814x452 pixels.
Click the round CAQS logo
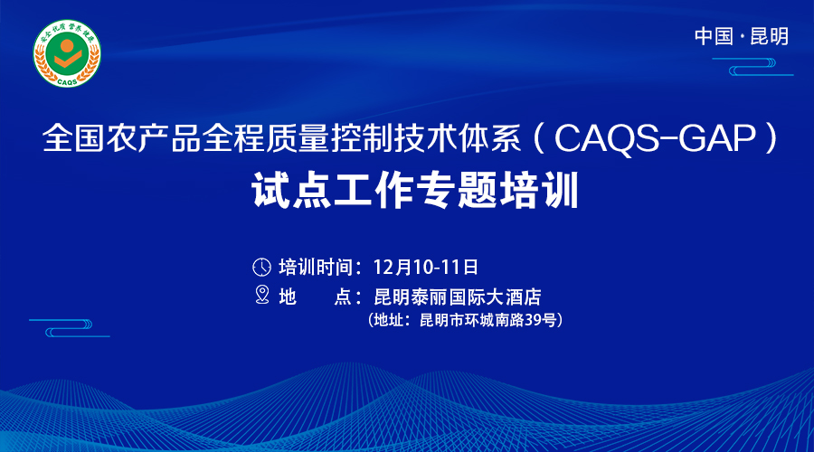tap(67, 53)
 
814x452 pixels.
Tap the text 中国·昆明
tap(742, 36)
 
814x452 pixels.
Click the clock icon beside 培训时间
tap(261, 268)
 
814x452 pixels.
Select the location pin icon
tap(262, 295)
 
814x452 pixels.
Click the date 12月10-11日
tap(426, 268)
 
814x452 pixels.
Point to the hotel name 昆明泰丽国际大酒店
tap(458, 297)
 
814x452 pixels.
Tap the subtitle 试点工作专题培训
tap(415, 191)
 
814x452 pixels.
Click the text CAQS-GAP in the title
tap(655, 139)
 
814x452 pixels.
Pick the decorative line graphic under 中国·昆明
tap(752, 67)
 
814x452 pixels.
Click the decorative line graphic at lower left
tap(69, 328)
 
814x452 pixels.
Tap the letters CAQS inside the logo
tap(67, 81)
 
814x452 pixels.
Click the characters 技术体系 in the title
tap(458, 138)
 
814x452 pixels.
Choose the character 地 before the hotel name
tap(288, 297)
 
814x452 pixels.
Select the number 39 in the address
tap(533, 320)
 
